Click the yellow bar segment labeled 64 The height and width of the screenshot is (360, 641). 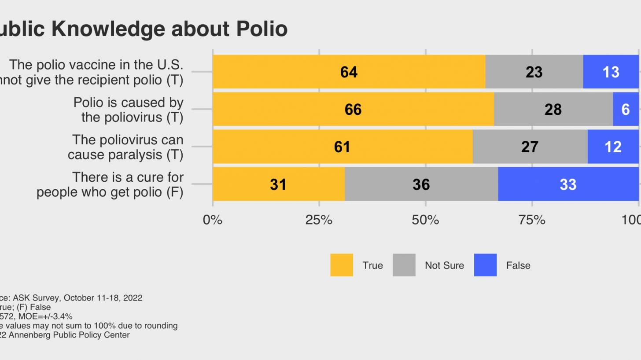pos(349,72)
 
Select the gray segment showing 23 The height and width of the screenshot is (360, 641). pos(534,72)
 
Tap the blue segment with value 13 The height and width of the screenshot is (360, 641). pos(611,72)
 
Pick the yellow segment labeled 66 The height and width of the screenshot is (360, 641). pos(353,109)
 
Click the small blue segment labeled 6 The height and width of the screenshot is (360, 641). pos(626,109)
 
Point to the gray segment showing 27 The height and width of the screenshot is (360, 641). pos(530,147)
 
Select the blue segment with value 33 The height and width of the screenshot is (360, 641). pos(568,184)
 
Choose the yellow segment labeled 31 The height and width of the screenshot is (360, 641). pos(278,184)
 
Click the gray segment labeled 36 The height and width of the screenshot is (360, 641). pos(421,184)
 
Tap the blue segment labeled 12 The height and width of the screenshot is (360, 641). pos(613,147)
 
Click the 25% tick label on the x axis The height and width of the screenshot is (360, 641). pos(319,220)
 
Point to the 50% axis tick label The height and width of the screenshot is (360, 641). pos(425,220)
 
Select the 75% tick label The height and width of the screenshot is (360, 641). pos(532,220)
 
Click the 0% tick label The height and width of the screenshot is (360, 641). pos(213,220)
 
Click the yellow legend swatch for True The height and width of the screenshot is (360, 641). pos(342,265)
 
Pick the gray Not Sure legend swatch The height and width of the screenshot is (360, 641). pos(404,265)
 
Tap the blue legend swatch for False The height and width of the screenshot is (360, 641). pos(485,265)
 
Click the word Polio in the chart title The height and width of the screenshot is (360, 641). pos(262,29)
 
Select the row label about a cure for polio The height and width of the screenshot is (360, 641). pos(110,184)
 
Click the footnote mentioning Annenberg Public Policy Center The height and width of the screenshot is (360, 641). pos(66,335)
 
